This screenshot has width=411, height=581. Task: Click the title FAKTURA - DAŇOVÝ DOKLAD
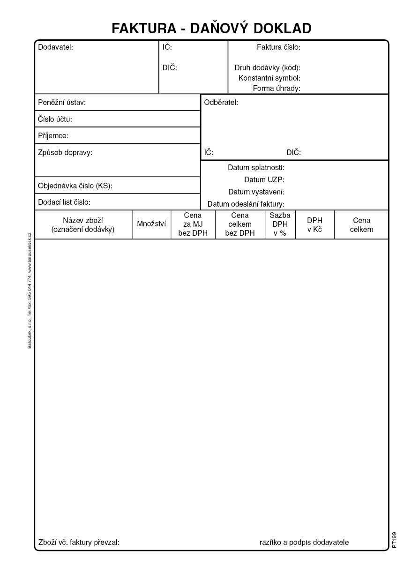(211, 29)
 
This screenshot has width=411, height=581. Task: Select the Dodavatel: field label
(55, 47)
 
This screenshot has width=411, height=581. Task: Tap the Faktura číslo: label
(278, 47)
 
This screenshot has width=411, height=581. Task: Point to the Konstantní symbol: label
(269, 78)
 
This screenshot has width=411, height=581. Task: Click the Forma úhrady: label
(276, 88)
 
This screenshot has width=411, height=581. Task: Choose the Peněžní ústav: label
(62, 103)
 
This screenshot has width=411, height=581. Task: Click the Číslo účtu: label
(55, 119)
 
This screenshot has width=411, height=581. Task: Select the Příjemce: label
(53, 136)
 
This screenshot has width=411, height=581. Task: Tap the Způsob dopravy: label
(65, 152)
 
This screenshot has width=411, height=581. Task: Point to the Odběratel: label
(221, 103)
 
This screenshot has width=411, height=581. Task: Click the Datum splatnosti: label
(256, 167)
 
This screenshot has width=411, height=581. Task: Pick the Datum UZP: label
(264, 179)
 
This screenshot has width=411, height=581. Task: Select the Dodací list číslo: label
(64, 202)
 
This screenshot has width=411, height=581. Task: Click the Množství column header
(151, 224)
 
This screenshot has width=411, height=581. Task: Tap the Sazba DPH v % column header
(280, 224)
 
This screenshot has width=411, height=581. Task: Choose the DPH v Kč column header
(314, 224)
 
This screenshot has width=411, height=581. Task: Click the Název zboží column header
(83, 224)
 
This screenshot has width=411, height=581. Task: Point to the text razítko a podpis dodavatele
(304, 543)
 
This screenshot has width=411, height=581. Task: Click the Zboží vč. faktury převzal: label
(79, 543)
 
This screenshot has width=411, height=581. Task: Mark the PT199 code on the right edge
(394, 540)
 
